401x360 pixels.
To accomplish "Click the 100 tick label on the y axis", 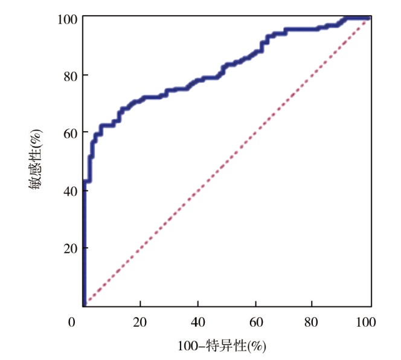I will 67,19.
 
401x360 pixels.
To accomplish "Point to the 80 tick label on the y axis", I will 69,76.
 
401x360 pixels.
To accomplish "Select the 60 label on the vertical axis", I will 69,132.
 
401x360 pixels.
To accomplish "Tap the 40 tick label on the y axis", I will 69,190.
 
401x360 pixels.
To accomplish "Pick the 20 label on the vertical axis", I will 69,248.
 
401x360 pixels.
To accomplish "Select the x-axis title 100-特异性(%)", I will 222,347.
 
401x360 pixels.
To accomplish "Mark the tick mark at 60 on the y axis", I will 85,132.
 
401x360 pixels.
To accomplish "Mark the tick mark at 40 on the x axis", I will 198,303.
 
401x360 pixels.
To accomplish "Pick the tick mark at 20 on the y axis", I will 85,248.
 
